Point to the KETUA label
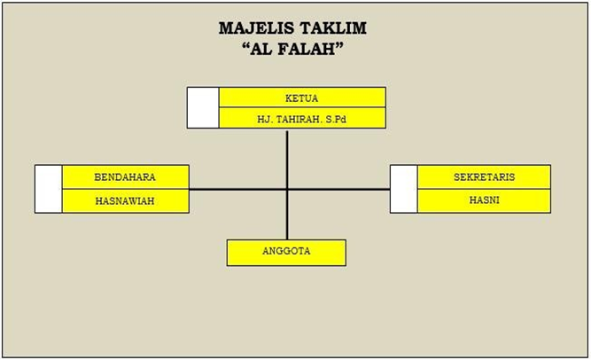coord(301,98)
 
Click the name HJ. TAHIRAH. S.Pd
coord(301,119)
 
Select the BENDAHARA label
coord(125,177)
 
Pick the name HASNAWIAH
coord(125,200)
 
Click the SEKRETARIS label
coord(484,177)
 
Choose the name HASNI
coord(484,200)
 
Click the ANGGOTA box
coord(286,253)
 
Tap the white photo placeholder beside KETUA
coord(203,108)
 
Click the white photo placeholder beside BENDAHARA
coord(49,189)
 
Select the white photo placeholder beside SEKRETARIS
coord(404,189)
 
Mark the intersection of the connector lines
coord(287,189)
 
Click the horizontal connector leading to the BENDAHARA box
coord(237,189)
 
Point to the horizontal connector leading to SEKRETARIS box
coord(338,189)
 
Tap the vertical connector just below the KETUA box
coord(287,160)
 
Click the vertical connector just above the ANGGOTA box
coord(287,215)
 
